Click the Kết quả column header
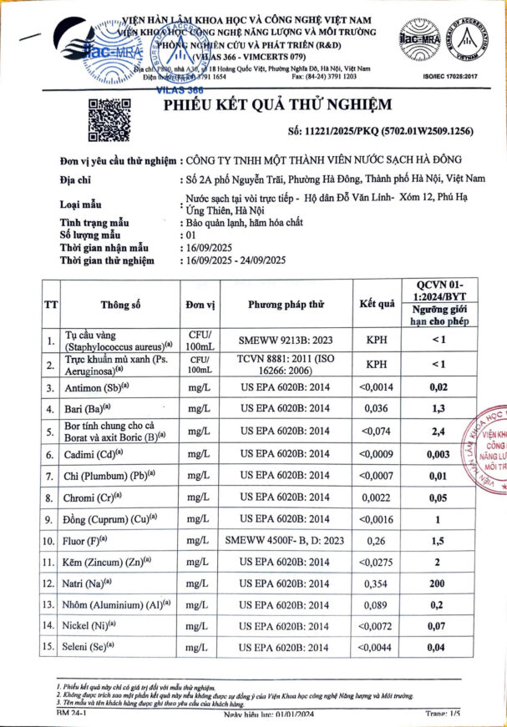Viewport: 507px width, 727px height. click(376, 304)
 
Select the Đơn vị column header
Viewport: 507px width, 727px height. click(200, 305)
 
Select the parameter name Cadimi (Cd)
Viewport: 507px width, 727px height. click(97, 454)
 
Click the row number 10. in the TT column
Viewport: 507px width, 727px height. click(51, 540)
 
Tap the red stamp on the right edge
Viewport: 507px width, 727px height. click(490, 455)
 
